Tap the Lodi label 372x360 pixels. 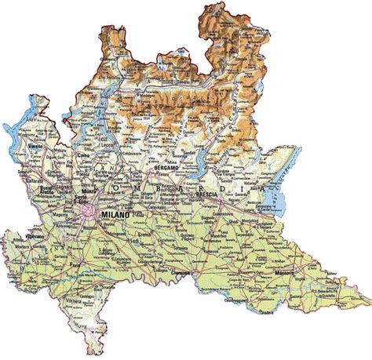click(x=132, y=241)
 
